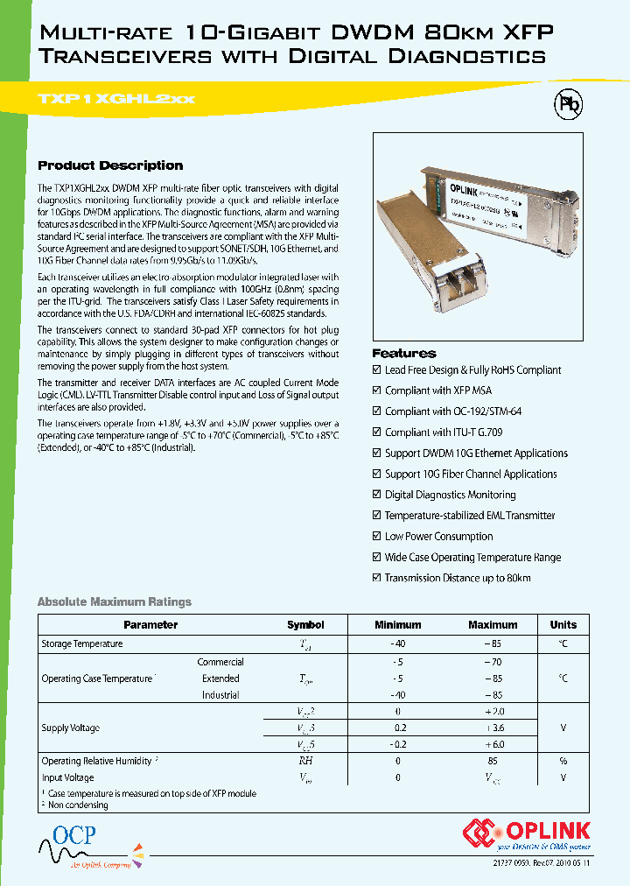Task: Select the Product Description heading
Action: coord(110,165)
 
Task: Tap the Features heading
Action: coord(403,354)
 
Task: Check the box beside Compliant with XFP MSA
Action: coord(377,390)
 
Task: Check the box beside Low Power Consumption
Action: coord(377,537)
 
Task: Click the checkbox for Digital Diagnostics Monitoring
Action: coord(377,495)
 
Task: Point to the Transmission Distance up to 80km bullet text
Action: coord(458,578)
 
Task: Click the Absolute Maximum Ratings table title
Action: coord(114,601)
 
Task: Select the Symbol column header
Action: coord(305,625)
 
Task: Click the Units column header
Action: coord(563,625)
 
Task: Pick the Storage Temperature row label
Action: coord(82,644)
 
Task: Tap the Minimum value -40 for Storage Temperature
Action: coord(397,644)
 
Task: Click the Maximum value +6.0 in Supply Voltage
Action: coord(493,744)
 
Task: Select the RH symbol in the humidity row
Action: coord(305,762)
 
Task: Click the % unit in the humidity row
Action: coord(563,762)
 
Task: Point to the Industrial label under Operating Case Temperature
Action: coord(220,695)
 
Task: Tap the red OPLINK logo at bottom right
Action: coord(528,832)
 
